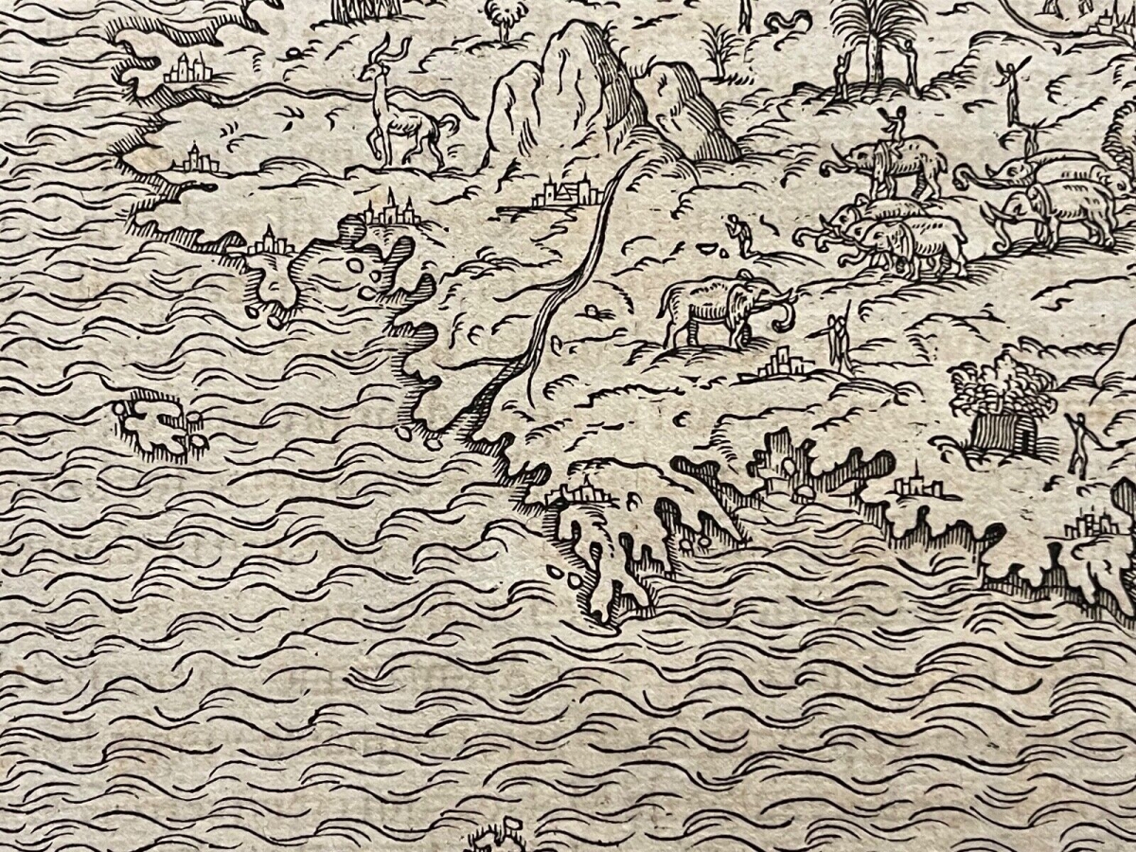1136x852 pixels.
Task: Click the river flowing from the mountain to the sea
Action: [x=568, y=284]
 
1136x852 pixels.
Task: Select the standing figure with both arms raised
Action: [x=1011, y=90]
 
